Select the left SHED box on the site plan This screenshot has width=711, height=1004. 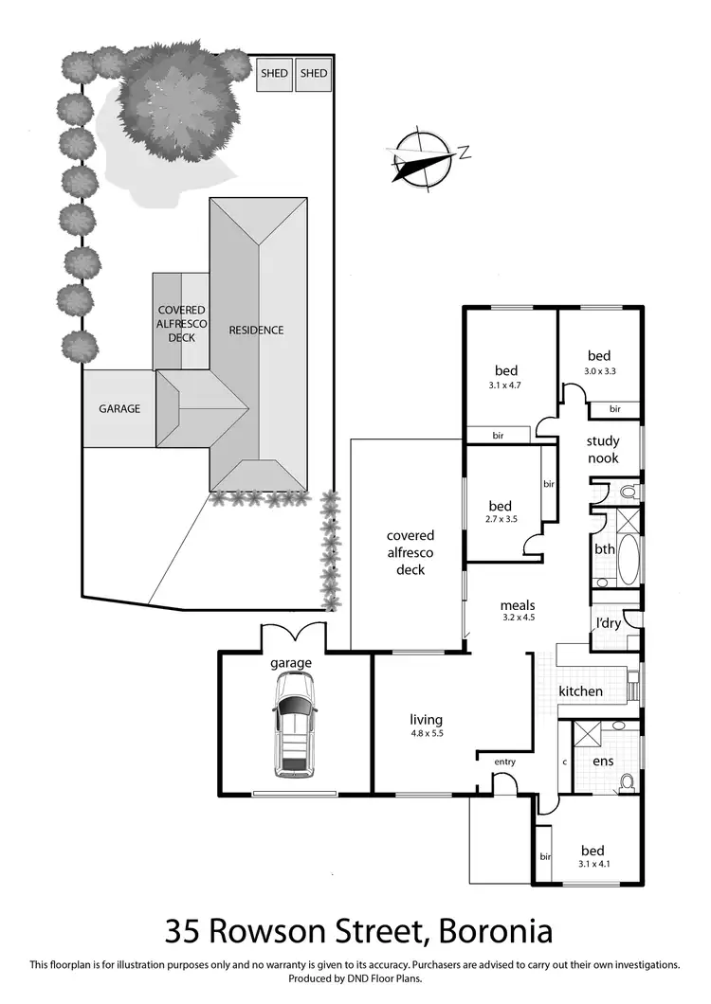[275, 74]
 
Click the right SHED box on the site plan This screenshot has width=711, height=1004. [313, 74]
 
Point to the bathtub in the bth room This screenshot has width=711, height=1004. [605, 548]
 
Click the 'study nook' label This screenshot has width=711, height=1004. [602, 449]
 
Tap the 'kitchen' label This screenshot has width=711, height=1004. [580, 691]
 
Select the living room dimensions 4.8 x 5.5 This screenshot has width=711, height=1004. [426, 734]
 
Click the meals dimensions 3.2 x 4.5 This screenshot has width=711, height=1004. [518, 619]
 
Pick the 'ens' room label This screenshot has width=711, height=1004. [603, 761]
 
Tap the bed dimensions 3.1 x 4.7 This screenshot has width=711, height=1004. [509, 385]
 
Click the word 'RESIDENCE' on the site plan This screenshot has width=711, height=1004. [256, 331]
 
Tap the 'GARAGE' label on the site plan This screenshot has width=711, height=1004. [120, 409]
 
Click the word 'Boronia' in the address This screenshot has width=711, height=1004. [493, 930]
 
